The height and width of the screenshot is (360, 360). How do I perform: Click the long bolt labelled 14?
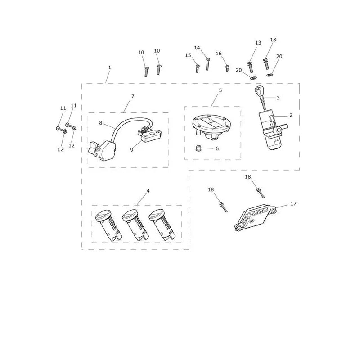(207, 64)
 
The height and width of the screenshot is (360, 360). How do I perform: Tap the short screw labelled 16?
(227, 68)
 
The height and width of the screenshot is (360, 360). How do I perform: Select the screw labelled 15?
(198, 69)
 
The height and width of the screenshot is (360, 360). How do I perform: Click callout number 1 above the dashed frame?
(110, 67)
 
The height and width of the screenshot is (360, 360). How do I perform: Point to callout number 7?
(133, 96)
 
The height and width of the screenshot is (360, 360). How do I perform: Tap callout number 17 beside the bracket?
(293, 204)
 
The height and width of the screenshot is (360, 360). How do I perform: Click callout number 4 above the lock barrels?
(148, 190)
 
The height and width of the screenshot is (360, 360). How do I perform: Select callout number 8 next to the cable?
(100, 123)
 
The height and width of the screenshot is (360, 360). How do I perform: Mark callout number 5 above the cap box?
(220, 90)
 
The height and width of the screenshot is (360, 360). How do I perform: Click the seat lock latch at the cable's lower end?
(102, 150)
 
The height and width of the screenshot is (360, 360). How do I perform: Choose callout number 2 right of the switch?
(291, 115)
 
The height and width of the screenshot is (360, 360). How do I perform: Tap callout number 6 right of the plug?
(217, 148)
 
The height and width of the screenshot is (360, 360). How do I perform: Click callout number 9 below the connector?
(131, 150)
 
